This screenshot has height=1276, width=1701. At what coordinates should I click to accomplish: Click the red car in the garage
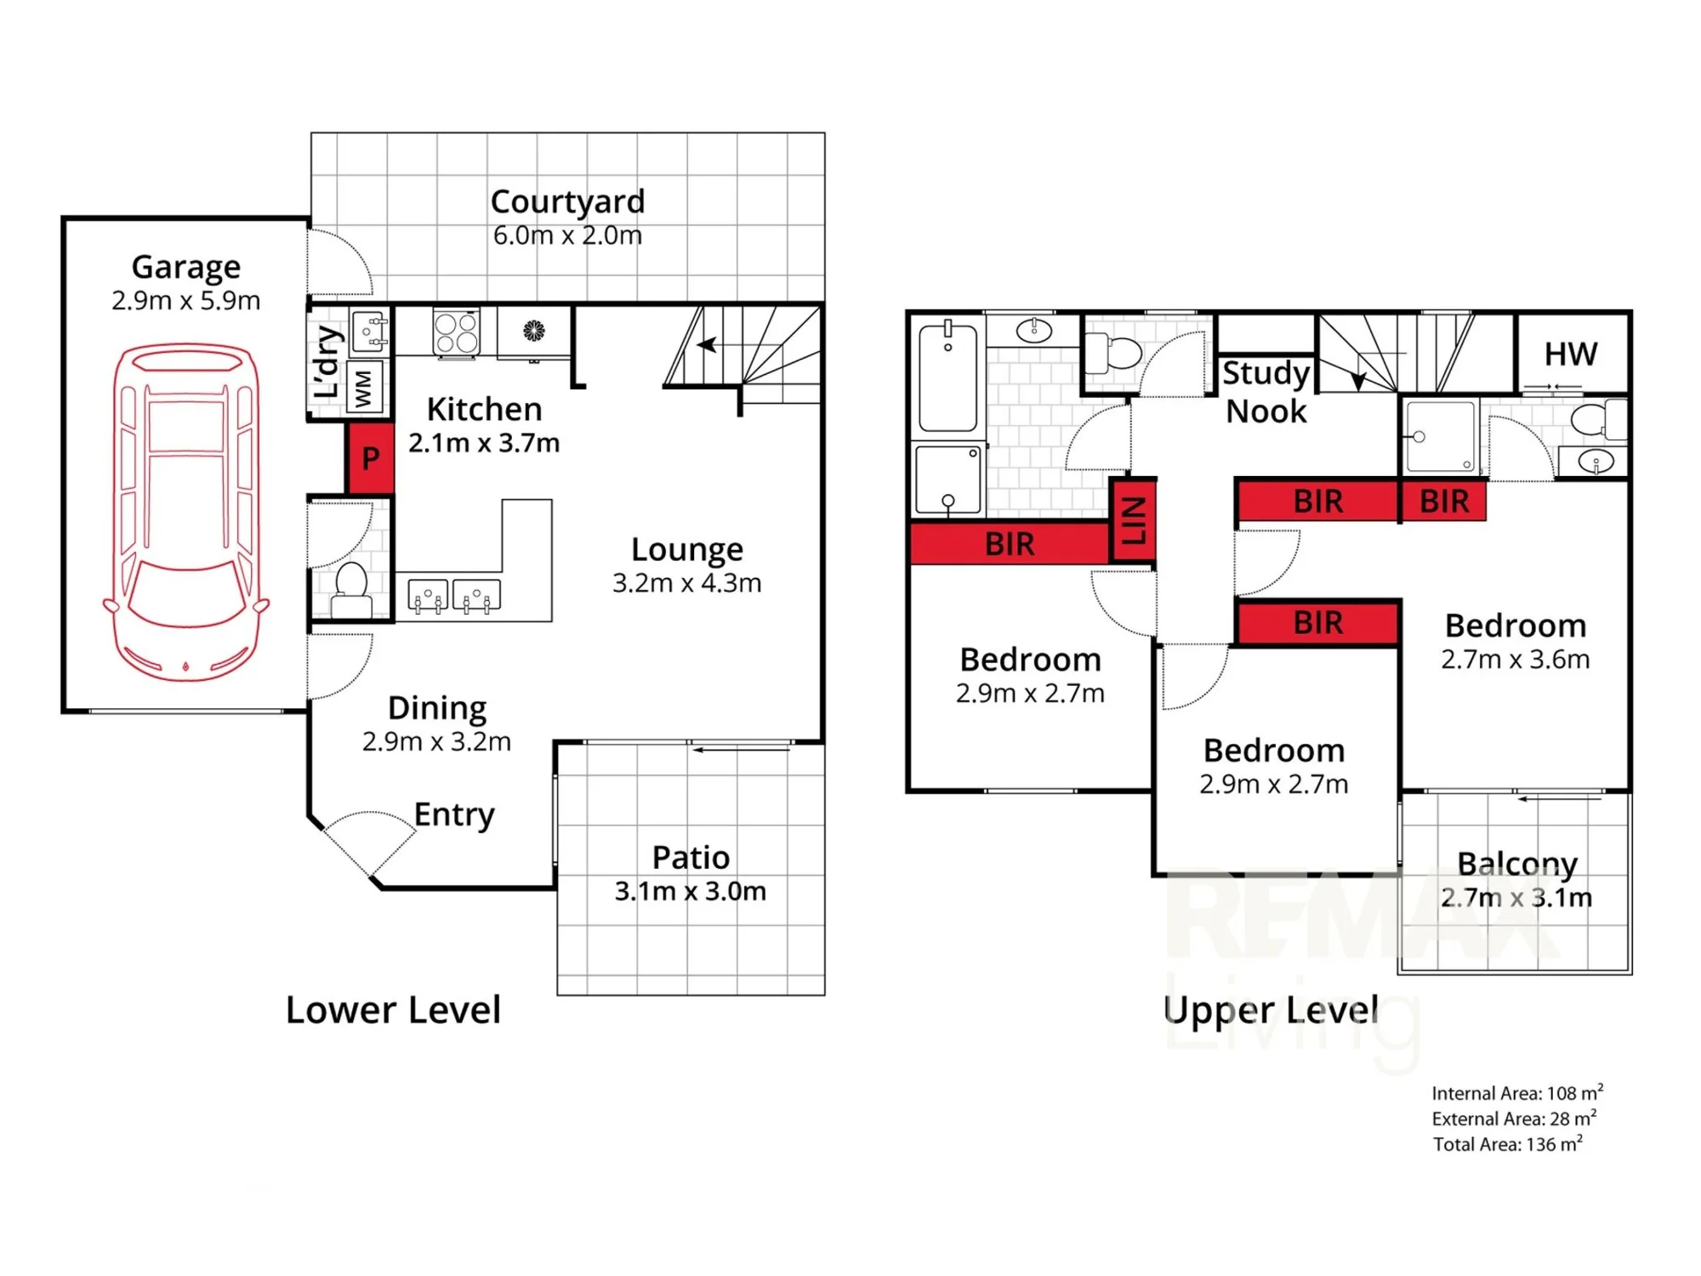[186, 512]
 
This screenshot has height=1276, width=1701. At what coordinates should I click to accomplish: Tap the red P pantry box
[370, 458]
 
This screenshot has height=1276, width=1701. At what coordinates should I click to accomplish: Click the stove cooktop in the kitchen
[457, 332]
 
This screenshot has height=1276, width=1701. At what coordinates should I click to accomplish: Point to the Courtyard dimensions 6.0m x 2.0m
[567, 235]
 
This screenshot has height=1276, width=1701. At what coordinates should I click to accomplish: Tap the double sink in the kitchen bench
[453, 595]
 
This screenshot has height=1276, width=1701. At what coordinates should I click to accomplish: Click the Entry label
[454, 814]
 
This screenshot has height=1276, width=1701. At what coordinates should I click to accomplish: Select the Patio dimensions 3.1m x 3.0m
[691, 891]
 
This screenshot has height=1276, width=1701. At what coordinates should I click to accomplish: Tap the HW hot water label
[1571, 354]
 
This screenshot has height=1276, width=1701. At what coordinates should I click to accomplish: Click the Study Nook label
[1266, 392]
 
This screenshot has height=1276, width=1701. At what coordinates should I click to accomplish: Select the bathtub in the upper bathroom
[948, 377]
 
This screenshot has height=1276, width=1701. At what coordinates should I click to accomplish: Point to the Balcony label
[1517, 864]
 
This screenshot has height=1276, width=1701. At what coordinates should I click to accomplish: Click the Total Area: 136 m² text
[1508, 1143]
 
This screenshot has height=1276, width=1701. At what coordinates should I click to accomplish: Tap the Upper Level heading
[1271, 1010]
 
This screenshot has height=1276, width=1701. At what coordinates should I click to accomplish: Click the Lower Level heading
[393, 1010]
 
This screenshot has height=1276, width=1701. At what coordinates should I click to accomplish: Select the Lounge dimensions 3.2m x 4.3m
[687, 583]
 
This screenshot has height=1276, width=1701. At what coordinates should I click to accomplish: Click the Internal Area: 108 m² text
[1517, 1092]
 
